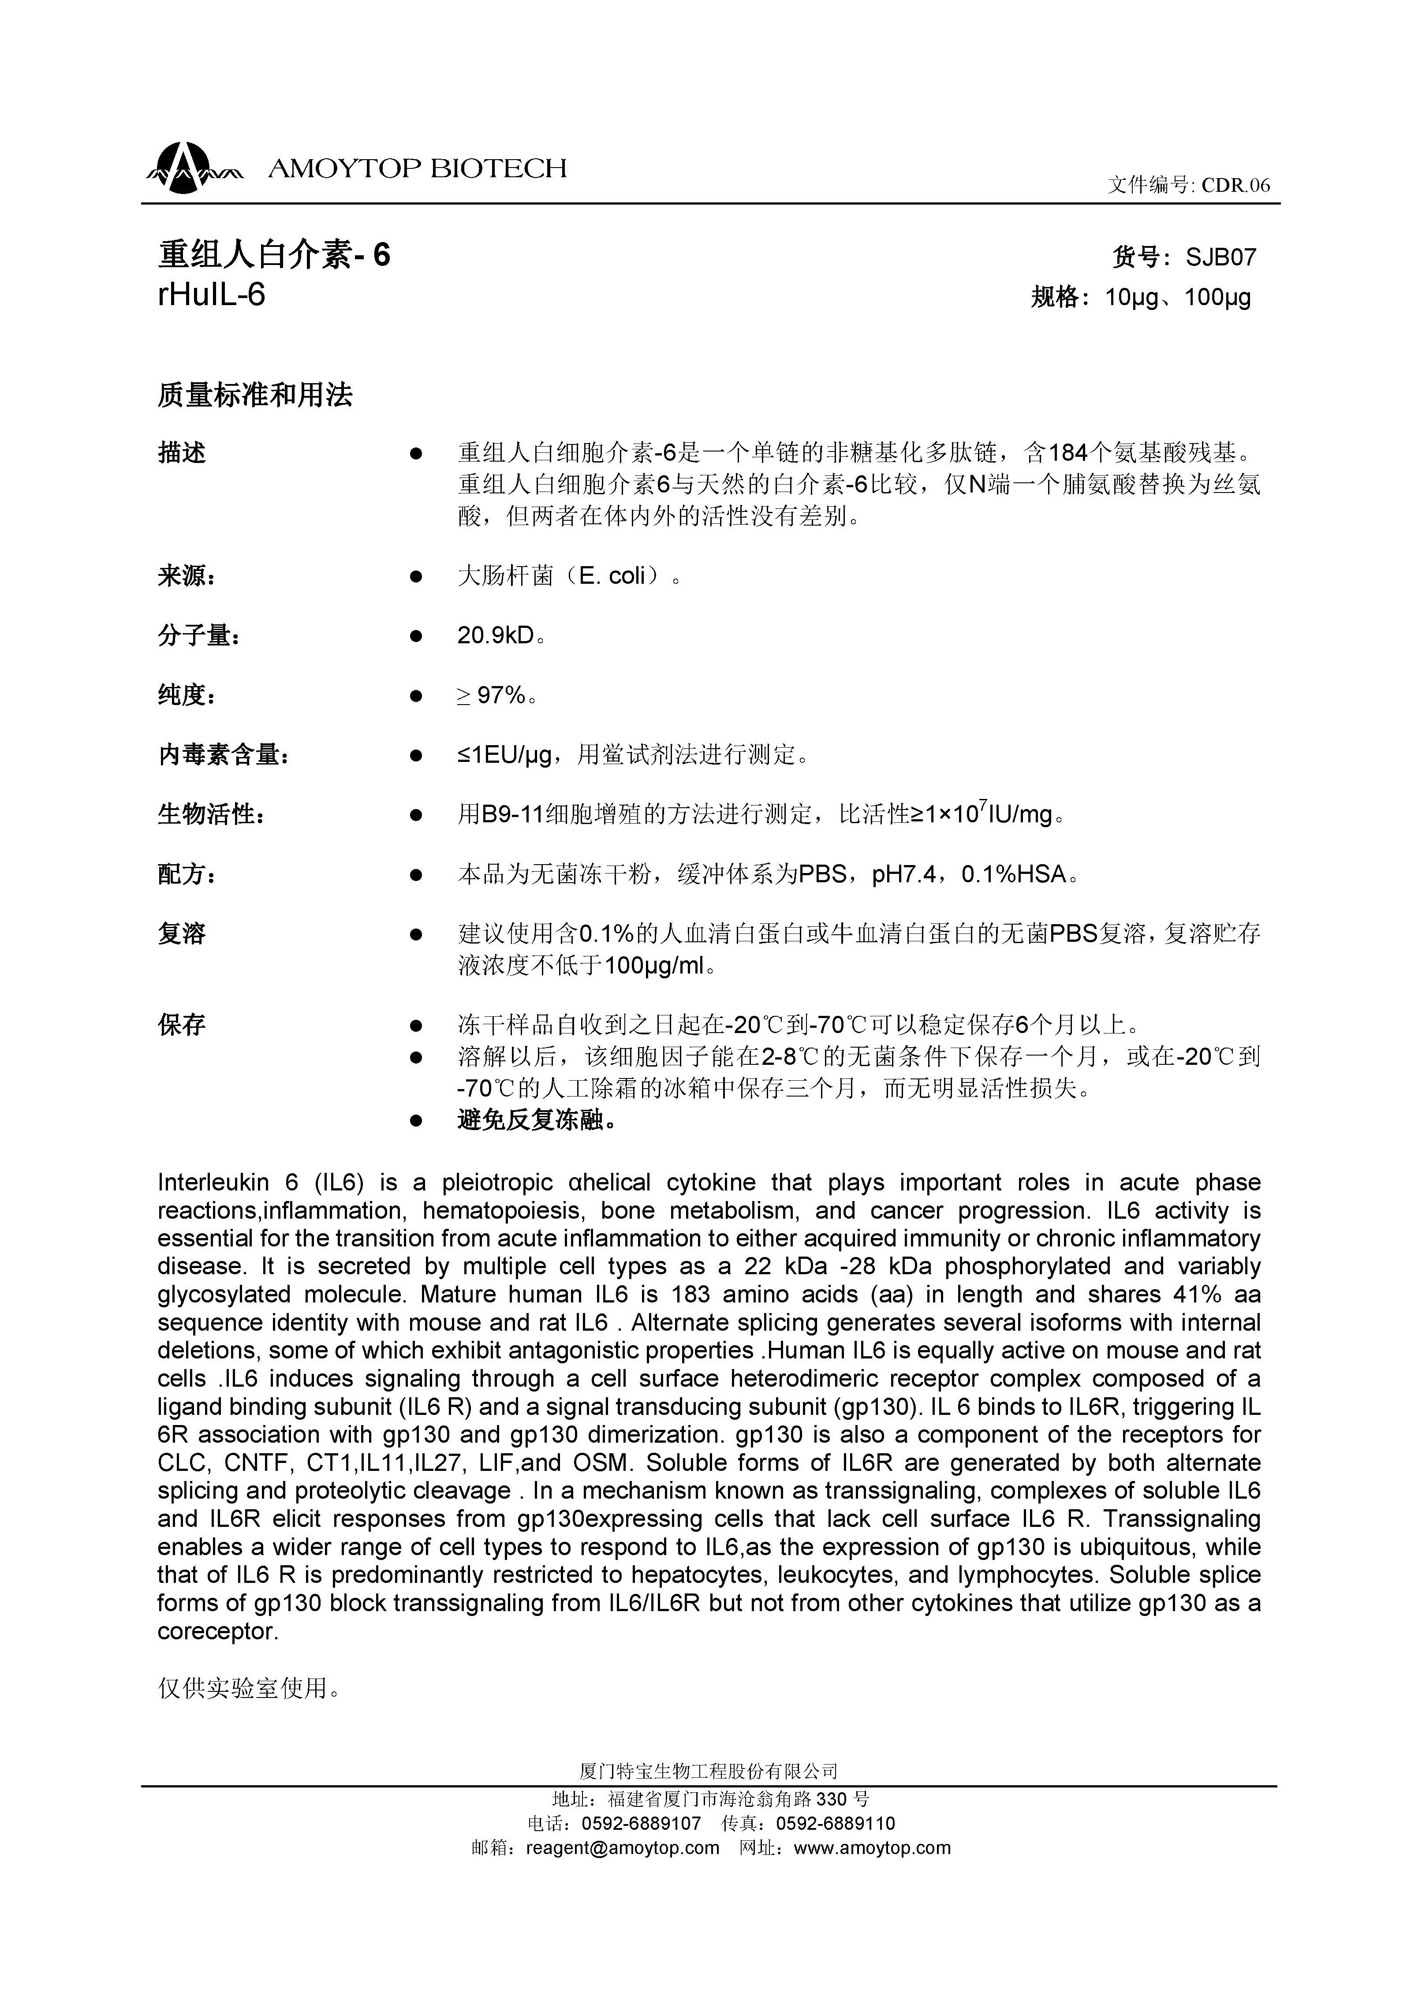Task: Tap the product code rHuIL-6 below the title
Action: (x=211, y=295)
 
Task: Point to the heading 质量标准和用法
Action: (x=255, y=396)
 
